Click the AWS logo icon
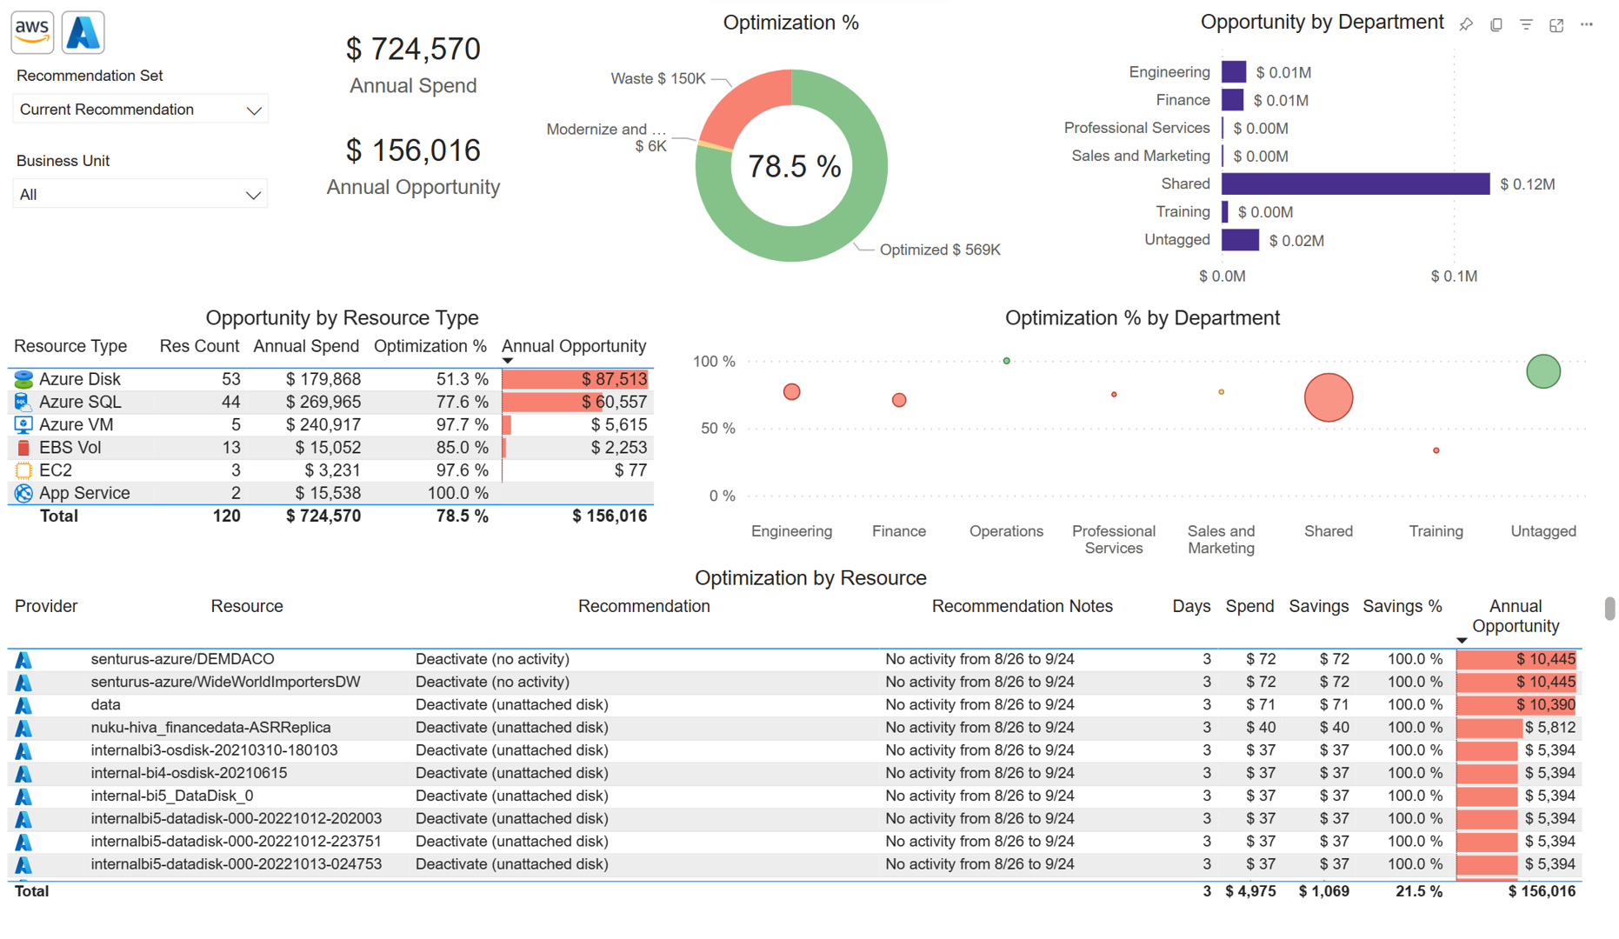point(32,32)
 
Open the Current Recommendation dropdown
point(140,110)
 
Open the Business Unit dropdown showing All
point(140,195)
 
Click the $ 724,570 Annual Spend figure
point(413,50)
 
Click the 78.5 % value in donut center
point(793,166)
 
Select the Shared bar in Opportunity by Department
point(1355,184)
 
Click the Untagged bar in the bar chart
point(1240,240)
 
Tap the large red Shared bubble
point(1328,397)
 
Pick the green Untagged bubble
point(1542,371)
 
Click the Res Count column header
point(199,346)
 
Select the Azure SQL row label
point(80,402)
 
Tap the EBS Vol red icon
point(23,448)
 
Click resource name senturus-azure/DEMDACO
point(183,659)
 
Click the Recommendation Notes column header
point(1022,606)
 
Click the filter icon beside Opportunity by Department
point(1526,25)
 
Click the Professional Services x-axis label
point(1113,539)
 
